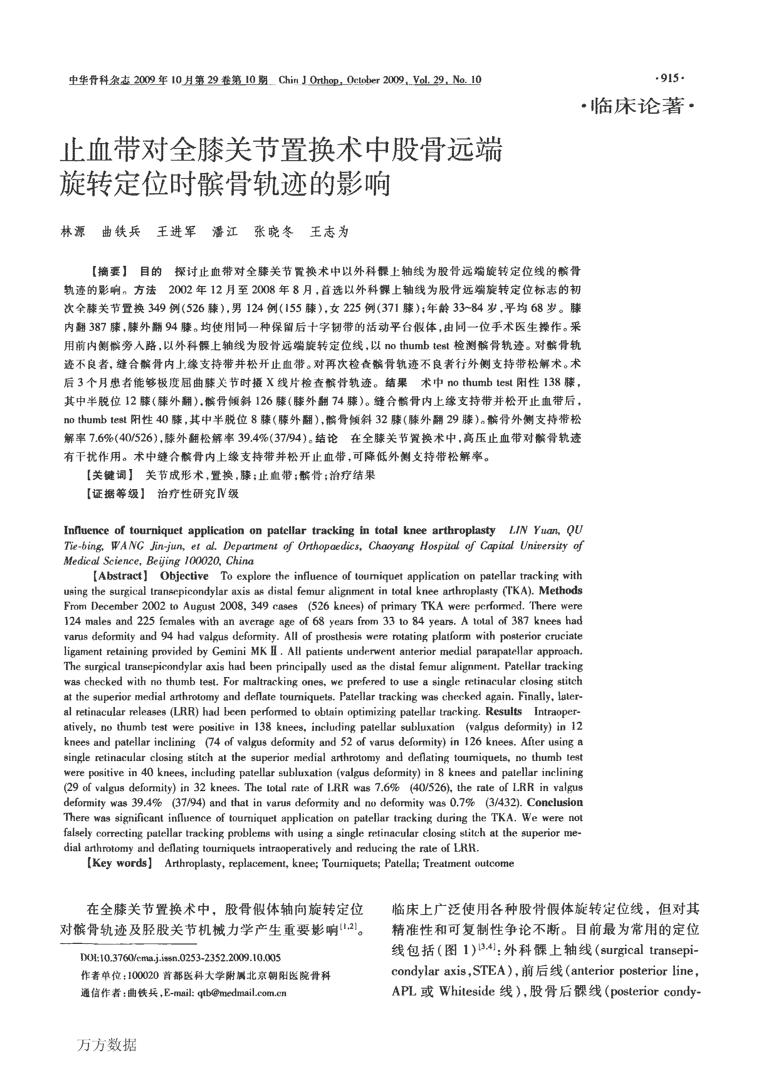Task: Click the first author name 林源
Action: click(73, 232)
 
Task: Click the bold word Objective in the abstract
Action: click(184, 576)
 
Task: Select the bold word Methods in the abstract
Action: click(561, 591)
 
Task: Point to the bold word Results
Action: click(504, 712)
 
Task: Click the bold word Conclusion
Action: click(555, 802)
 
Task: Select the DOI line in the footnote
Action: click(181, 957)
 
